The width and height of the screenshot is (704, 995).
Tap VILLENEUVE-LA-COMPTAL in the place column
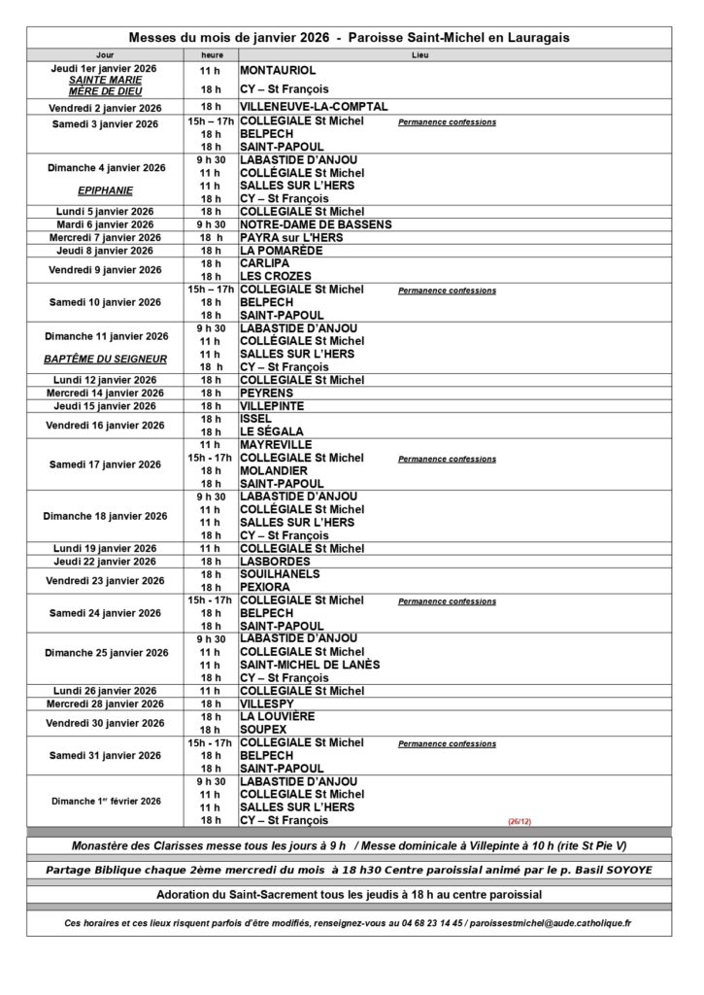click(x=314, y=107)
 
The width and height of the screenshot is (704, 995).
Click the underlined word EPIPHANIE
click(x=107, y=191)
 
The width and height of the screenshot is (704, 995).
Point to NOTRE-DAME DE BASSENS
click(x=316, y=224)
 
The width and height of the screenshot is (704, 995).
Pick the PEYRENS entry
click(x=273, y=393)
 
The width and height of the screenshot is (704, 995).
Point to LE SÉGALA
click(x=272, y=431)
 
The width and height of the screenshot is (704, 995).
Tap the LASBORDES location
click(x=276, y=561)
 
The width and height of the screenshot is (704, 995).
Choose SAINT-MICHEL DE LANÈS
click(x=310, y=665)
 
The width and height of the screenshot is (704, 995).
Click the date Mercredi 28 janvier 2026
click(x=107, y=703)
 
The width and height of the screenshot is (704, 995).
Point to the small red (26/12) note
click(x=520, y=821)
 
